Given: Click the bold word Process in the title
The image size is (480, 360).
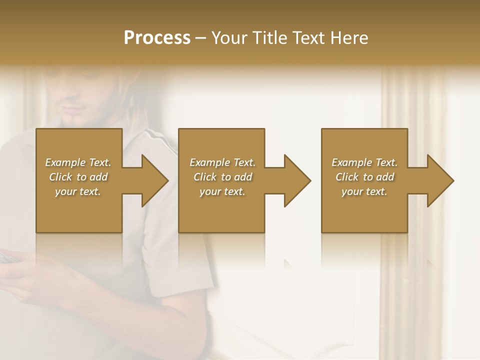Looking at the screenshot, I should (x=157, y=37).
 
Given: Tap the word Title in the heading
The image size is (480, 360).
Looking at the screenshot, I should (x=269, y=37).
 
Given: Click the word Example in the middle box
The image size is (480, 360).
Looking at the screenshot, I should (x=208, y=162).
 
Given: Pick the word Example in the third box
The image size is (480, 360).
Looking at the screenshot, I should (x=350, y=162).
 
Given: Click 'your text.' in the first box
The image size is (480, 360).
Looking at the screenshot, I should (x=78, y=191).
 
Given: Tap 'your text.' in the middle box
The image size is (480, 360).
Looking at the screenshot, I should (x=222, y=191).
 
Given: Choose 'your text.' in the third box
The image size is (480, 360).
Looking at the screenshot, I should (x=364, y=191).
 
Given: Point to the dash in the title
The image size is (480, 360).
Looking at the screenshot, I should (x=201, y=38).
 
